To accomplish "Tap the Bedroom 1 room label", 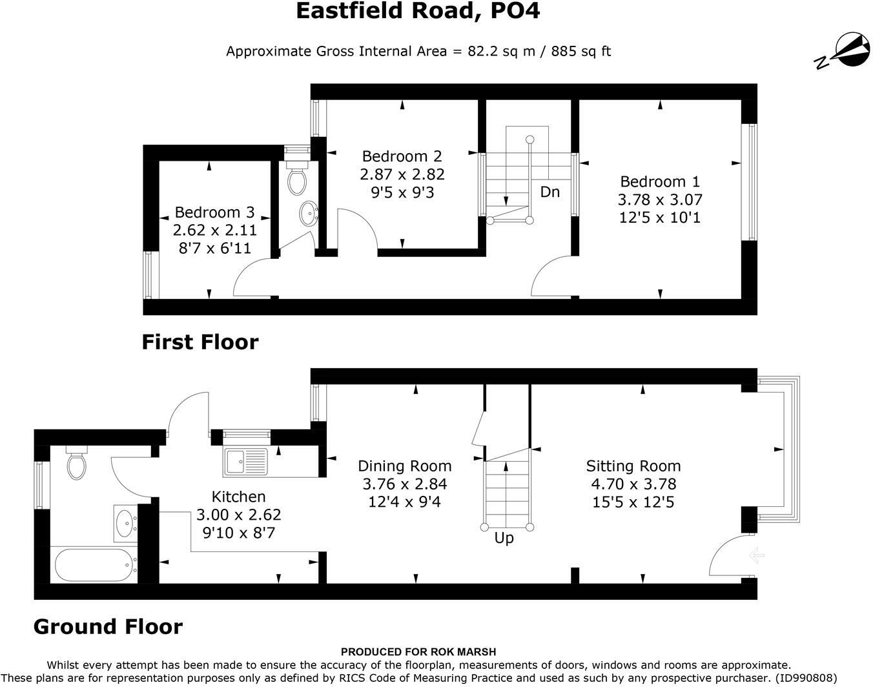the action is click(x=660, y=182).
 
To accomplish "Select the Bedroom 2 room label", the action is click(x=402, y=156).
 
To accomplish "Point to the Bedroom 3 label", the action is click(x=214, y=212).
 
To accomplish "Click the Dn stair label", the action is click(x=549, y=192).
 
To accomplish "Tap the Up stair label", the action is click(x=504, y=538).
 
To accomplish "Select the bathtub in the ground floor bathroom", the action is click(x=94, y=565).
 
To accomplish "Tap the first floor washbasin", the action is click(x=309, y=213).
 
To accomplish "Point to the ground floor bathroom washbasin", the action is click(x=126, y=523).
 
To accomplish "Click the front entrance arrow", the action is click(x=756, y=555).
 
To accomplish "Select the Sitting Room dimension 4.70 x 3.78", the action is click(x=633, y=484).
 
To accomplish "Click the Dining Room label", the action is click(x=404, y=466).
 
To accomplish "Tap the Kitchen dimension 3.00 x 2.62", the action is click(x=238, y=515).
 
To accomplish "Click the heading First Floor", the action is click(x=200, y=342).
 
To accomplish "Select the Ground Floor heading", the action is click(x=108, y=627).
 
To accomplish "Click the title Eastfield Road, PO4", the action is click(x=418, y=11).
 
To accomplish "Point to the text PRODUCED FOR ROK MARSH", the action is click(x=418, y=652).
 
